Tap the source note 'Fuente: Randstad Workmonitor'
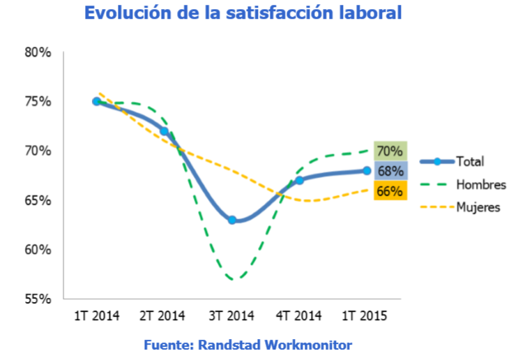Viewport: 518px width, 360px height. coord(247,345)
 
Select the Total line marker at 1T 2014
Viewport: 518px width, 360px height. coord(97,101)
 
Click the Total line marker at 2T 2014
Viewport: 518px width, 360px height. coord(165,130)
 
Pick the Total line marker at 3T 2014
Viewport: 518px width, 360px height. coord(232,220)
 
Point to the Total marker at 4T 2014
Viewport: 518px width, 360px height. coord(299,180)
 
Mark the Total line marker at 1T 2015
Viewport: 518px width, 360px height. coord(367,170)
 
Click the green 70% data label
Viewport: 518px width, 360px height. coord(390,151)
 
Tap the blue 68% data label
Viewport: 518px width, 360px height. coord(390,170)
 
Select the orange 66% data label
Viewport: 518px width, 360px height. coord(390,190)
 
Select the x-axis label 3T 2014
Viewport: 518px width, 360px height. coord(232,316)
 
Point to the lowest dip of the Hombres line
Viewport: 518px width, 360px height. coord(234,278)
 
